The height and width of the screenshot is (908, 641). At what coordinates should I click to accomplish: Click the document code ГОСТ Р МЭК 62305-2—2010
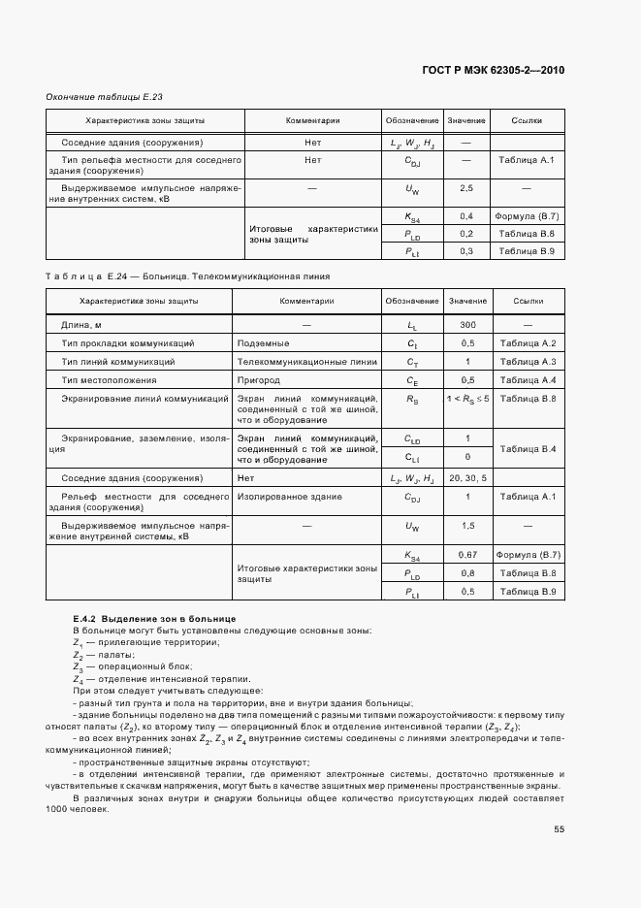point(494,70)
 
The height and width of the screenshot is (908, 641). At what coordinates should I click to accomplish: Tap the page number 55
point(559,828)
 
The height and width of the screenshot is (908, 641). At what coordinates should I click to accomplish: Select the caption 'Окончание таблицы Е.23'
point(98,97)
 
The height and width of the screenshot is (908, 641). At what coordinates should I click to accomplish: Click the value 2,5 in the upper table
point(466,187)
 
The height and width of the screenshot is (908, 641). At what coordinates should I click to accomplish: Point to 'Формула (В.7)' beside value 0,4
point(528,215)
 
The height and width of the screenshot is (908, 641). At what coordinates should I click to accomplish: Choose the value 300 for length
point(467,325)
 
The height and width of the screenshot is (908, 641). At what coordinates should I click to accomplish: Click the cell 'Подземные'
point(263,343)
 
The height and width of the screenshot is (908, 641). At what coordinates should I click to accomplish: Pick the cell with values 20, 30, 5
point(467,478)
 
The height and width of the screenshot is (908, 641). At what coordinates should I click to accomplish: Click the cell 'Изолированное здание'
point(288,497)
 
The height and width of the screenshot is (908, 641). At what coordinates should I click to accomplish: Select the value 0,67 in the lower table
point(467,554)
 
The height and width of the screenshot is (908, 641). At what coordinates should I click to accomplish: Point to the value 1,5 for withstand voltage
point(467,526)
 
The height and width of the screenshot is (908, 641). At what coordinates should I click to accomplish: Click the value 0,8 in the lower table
point(467,572)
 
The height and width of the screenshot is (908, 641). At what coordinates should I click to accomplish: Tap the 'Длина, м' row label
point(81,325)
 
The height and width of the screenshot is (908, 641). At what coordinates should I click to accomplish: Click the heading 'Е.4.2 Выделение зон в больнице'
point(154,619)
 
